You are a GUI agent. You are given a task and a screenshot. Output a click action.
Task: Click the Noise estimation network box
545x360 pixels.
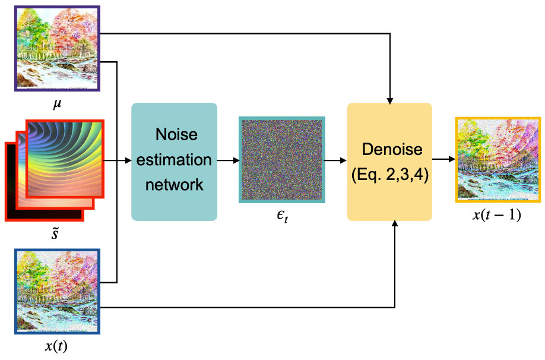174,162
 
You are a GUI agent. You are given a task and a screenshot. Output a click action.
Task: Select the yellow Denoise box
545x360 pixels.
389,162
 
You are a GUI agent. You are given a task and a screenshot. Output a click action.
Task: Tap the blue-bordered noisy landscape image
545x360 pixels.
58,292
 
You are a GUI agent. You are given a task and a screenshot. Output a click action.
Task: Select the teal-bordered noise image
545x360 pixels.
282,160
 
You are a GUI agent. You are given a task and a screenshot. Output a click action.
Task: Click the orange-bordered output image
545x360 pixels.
498,160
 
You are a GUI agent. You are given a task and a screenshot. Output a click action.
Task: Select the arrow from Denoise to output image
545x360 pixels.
443,160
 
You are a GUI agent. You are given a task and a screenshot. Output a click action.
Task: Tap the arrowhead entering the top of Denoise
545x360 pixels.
389,99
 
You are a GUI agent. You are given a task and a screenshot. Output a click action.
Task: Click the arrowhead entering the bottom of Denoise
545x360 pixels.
395,225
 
